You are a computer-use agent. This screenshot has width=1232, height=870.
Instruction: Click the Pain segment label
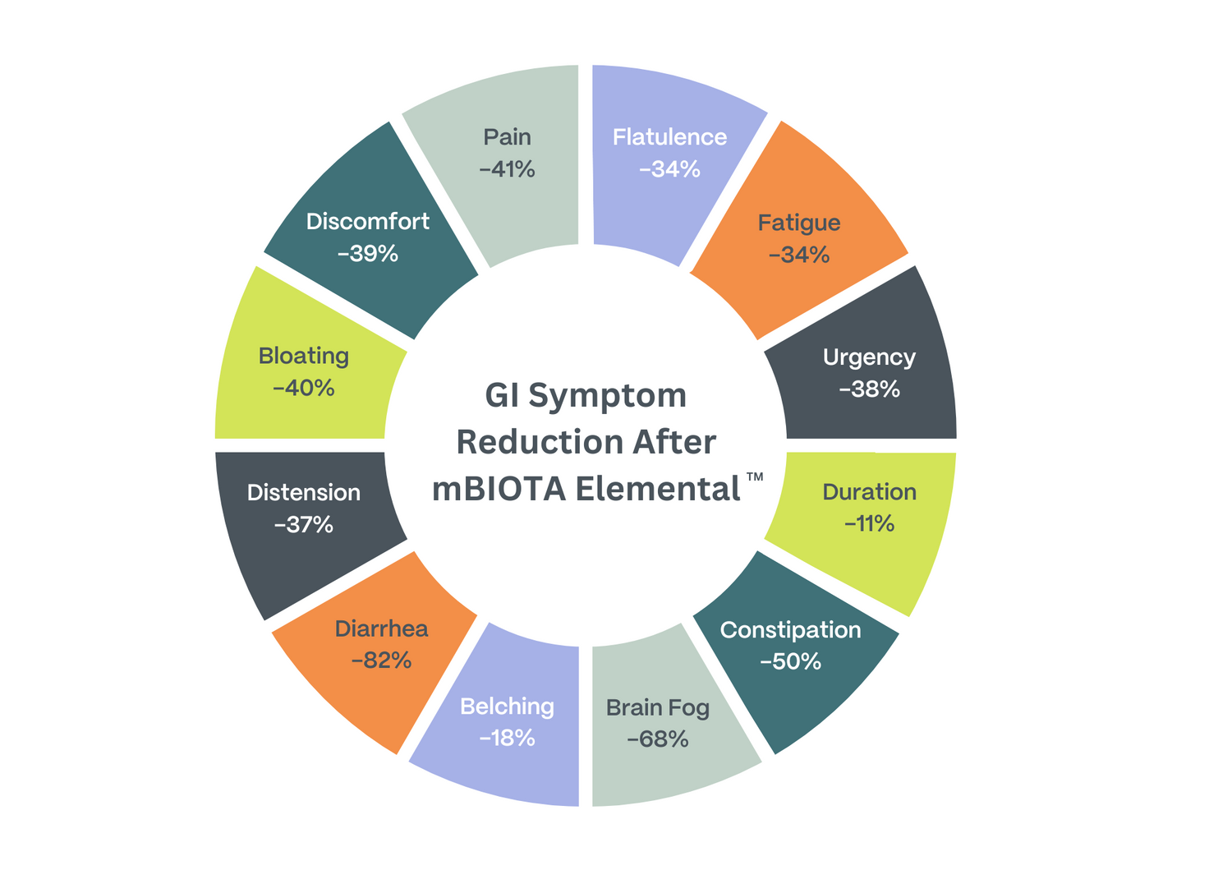tap(507, 136)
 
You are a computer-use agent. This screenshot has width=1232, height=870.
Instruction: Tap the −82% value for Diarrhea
tap(381, 660)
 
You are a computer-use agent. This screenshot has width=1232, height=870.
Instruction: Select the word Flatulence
tap(669, 136)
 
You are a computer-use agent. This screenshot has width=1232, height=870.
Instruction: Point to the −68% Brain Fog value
tap(657, 739)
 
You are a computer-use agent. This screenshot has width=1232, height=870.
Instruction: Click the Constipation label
tap(790, 630)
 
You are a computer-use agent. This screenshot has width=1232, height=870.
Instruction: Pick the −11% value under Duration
tap(869, 523)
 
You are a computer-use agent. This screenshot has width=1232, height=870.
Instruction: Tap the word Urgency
tap(869, 357)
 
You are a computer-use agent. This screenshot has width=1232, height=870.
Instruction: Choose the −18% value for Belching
tap(507, 738)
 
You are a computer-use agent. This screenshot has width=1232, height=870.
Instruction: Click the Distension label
tap(304, 493)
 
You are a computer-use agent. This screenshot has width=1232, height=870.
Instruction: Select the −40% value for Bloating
tap(304, 388)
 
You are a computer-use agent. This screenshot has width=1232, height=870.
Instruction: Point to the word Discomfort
tap(367, 222)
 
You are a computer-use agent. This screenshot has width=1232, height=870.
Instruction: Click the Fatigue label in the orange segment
tap(799, 223)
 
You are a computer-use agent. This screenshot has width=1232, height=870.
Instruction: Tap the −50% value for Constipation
tap(790, 661)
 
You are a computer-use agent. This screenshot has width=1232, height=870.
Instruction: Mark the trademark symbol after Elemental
tap(756, 477)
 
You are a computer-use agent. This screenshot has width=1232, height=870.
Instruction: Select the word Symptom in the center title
tap(608, 396)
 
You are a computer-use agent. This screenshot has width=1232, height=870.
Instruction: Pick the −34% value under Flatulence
tap(669, 168)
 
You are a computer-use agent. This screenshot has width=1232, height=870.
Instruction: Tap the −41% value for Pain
tap(507, 168)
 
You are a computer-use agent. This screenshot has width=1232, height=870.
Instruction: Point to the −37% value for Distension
tap(304, 524)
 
